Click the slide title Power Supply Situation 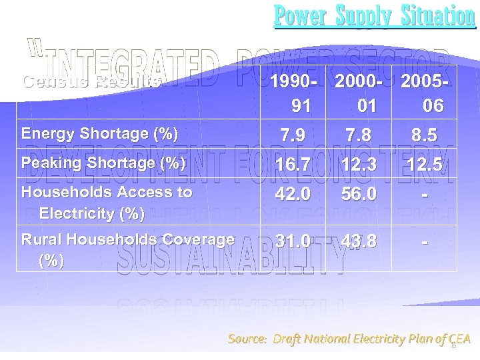(x=375, y=16)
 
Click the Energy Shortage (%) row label (x=99, y=133)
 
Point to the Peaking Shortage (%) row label (x=103, y=163)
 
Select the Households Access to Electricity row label (x=107, y=203)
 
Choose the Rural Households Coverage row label (x=127, y=249)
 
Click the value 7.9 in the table (x=293, y=136)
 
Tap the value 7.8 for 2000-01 (x=359, y=136)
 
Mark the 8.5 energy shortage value (x=424, y=136)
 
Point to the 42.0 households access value (x=293, y=194)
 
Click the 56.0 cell (x=359, y=194)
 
